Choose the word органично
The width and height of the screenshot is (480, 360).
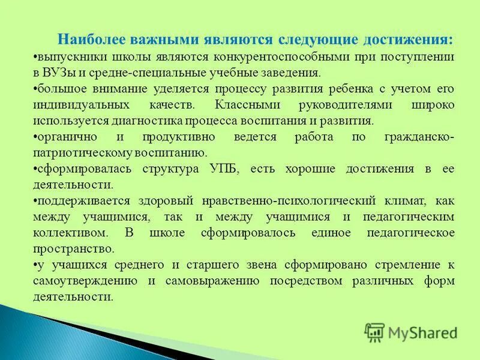(62, 137)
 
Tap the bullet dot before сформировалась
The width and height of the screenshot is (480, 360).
(34, 169)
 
